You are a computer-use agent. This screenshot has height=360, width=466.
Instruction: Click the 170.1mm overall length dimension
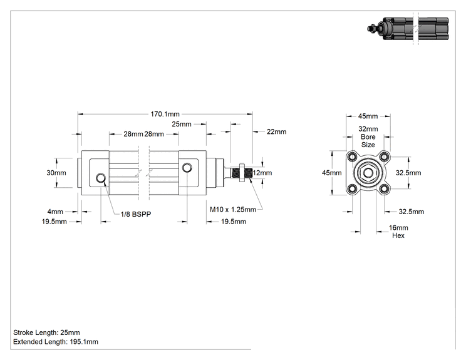[165, 114]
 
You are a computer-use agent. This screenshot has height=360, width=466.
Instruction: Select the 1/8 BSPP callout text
[136, 214]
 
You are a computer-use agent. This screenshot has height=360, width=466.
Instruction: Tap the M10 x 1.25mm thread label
[233, 209]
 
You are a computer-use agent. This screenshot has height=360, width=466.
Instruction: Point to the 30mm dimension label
[56, 173]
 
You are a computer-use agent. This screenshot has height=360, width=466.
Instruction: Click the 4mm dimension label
[55, 212]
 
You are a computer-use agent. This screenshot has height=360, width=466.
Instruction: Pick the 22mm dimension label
[276, 131]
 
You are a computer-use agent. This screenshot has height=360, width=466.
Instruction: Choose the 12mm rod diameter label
[262, 173]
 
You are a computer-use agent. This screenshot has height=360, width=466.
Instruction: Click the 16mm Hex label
[398, 232]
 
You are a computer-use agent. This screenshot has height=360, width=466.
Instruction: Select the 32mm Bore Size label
[368, 137]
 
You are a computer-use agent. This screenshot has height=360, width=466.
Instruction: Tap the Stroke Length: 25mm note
[46, 332]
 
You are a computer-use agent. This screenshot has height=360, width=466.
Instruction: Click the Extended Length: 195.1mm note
[56, 342]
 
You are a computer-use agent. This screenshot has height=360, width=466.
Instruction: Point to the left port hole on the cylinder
[101, 178]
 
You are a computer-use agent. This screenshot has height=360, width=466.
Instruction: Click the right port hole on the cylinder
[187, 168]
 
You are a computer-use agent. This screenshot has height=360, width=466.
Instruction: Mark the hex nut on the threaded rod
[242, 173]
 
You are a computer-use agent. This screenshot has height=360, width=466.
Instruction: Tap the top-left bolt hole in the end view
[353, 157]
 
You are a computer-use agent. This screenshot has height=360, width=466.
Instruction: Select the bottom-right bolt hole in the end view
[384, 188]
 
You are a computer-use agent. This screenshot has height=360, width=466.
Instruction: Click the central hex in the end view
[368, 173]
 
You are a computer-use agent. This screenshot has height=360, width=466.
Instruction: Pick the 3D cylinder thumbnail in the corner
[408, 29]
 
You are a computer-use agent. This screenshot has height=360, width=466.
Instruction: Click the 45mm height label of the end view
[332, 173]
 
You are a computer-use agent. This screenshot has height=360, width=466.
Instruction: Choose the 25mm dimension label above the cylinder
[182, 124]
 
